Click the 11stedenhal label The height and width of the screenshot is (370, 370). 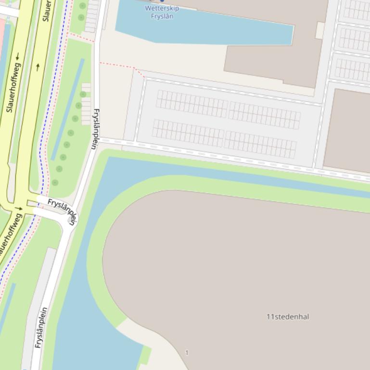(x=288, y=317)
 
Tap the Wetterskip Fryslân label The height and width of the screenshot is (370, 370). (x=162, y=12)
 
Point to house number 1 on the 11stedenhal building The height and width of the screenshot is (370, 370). (x=187, y=353)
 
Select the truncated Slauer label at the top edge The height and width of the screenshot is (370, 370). (x=47, y=11)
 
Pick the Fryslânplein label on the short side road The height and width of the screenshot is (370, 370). (x=62, y=210)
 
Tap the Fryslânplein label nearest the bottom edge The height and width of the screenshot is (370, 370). (x=41, y=327)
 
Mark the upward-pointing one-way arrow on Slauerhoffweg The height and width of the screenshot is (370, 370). (x=38, y=67)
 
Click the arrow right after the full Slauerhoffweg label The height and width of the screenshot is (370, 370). (x=17, y=57)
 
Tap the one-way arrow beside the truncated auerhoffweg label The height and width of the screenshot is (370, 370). (x=18, y=209)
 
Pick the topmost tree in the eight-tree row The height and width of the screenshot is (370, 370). (x=83, y=95)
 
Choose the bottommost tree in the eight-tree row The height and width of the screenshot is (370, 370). (x=55, y=183)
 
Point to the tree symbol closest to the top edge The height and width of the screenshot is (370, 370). (x=83, y=6)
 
